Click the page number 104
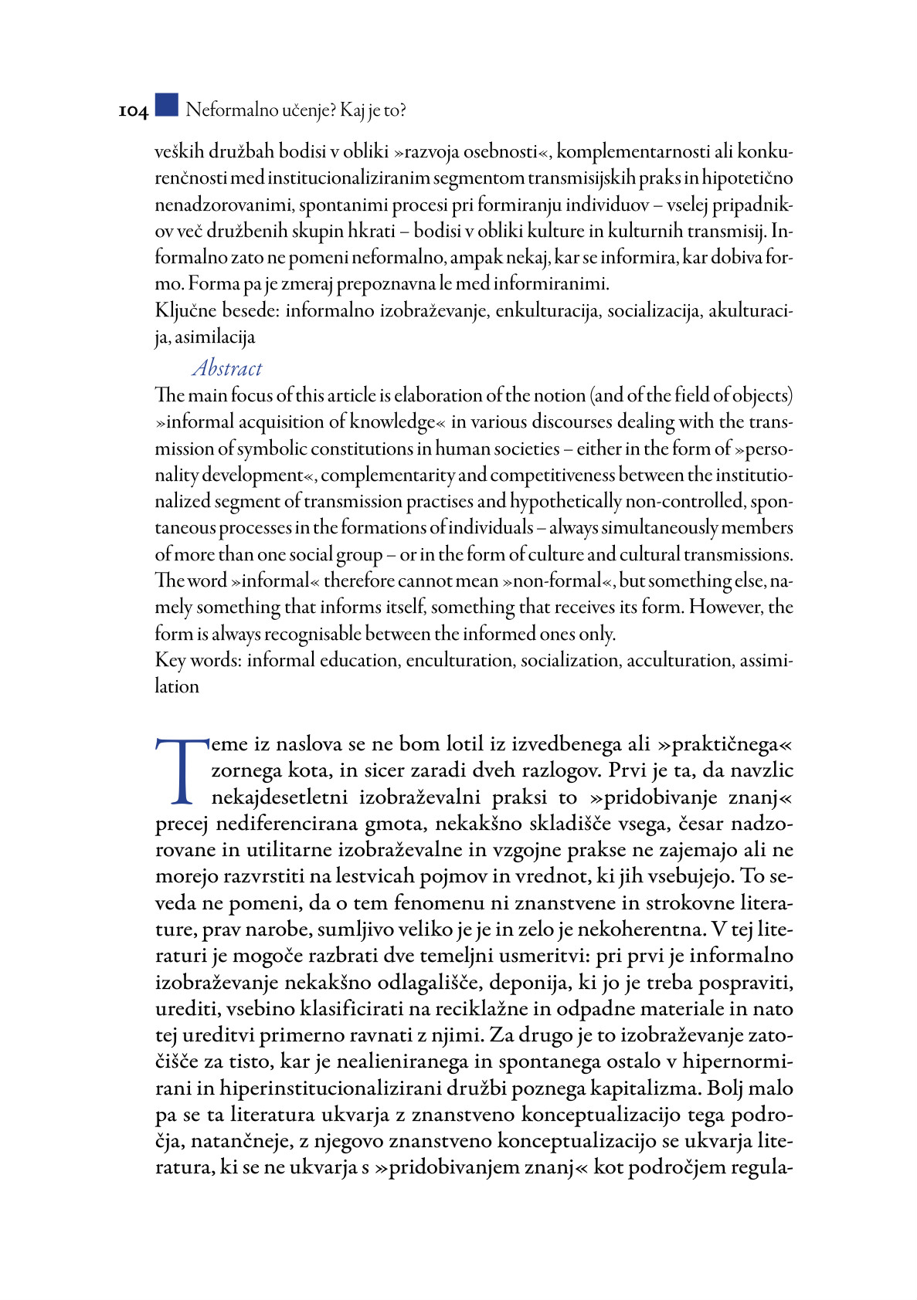click(133, 112)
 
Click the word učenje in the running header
click(287, 110)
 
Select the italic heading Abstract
click(227, 367)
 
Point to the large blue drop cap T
click(182, 771)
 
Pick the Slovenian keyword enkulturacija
click(547, 311)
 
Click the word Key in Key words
click(170, 661)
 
